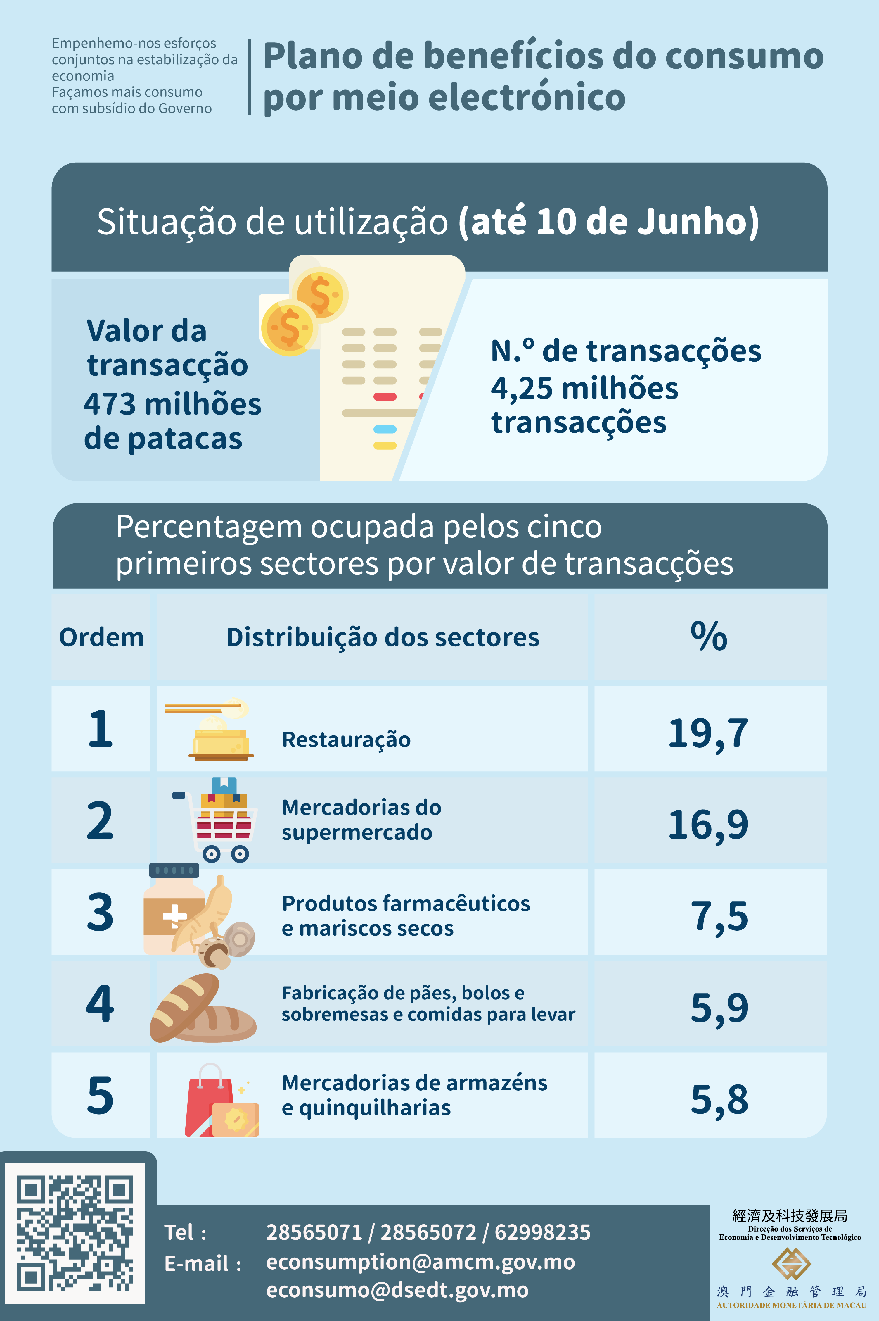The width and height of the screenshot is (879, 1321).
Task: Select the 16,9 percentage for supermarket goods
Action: pyautogui.click(x=708, y=825)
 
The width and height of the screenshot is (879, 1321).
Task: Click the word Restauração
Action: pyautogui.click(x=346, y=739)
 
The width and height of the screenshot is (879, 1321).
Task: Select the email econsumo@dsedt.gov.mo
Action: pyautogui.click(x=397, y=1290)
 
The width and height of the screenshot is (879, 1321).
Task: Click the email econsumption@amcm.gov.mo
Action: pyautogui.click(x=421, y=1262)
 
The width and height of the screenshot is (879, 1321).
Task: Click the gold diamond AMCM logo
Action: pyautogui.click(x=791, y=1264)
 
